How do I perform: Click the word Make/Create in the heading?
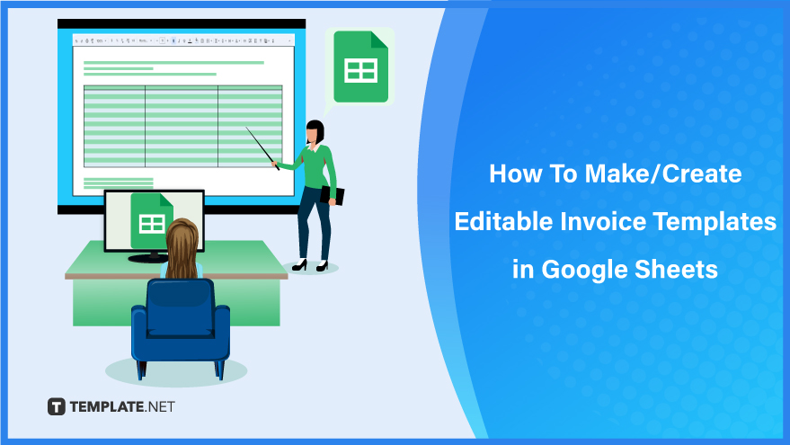pyautogui.click(x=663, y=174)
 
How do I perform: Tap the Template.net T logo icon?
pyautogui.click(x=57, y=406)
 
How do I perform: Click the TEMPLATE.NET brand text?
pyautogui.click(x=122, y=406)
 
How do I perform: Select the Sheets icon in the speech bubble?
pyautogui.click(x=360, y=67)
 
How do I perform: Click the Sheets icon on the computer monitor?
pyautogui.click(x=152, y=221)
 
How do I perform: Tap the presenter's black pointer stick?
pyautogui.click(x=262, y=148)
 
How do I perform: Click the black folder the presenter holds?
pyautogui.click(x=333, y=196)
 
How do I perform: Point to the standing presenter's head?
pyautogui.click(x=315, y=132)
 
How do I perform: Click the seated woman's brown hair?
pyautogui.click(x=182, y=248)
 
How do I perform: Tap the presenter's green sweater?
pyautogui.click(x=316, y=167)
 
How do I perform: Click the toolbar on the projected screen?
pyautogui.click(x=183, y=40)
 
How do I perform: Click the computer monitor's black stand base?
pyautogui.click(x=147, y=259)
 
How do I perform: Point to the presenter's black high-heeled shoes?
pyautogui.click(x=310, y=265)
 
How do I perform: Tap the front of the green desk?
pyautogui.click(x=176, y=302)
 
